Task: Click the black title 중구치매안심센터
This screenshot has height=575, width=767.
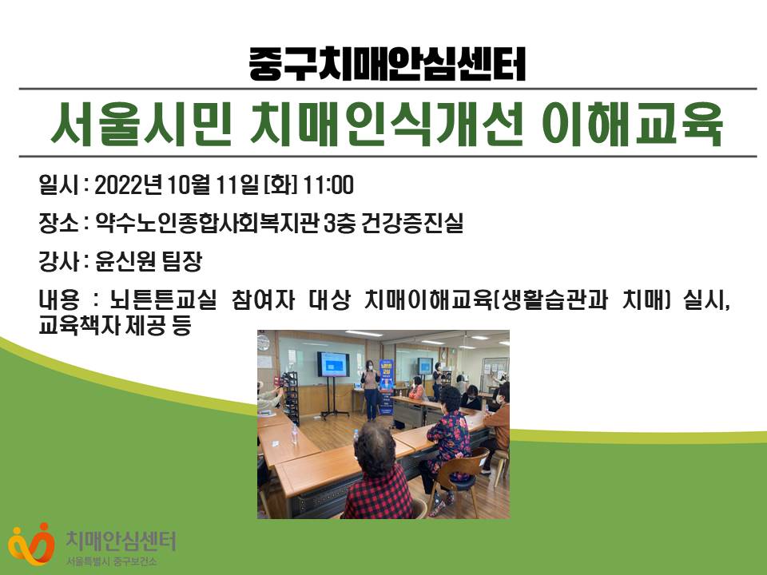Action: pos(387,64)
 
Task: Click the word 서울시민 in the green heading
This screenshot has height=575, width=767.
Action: pos(141,123)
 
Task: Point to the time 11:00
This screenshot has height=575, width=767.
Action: pos(328,185)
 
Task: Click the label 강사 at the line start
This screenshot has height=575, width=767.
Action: pos(58,262)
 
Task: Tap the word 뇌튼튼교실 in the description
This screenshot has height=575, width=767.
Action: pos(163,299)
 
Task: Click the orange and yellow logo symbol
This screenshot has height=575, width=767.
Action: pos(31,544)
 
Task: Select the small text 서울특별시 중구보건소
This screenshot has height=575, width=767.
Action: pos(112,561)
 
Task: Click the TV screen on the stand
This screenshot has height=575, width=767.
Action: pos(333,364)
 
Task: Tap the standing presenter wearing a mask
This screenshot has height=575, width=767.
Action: pos(371,390)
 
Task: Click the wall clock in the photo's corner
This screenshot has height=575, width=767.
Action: pos(264,340)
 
